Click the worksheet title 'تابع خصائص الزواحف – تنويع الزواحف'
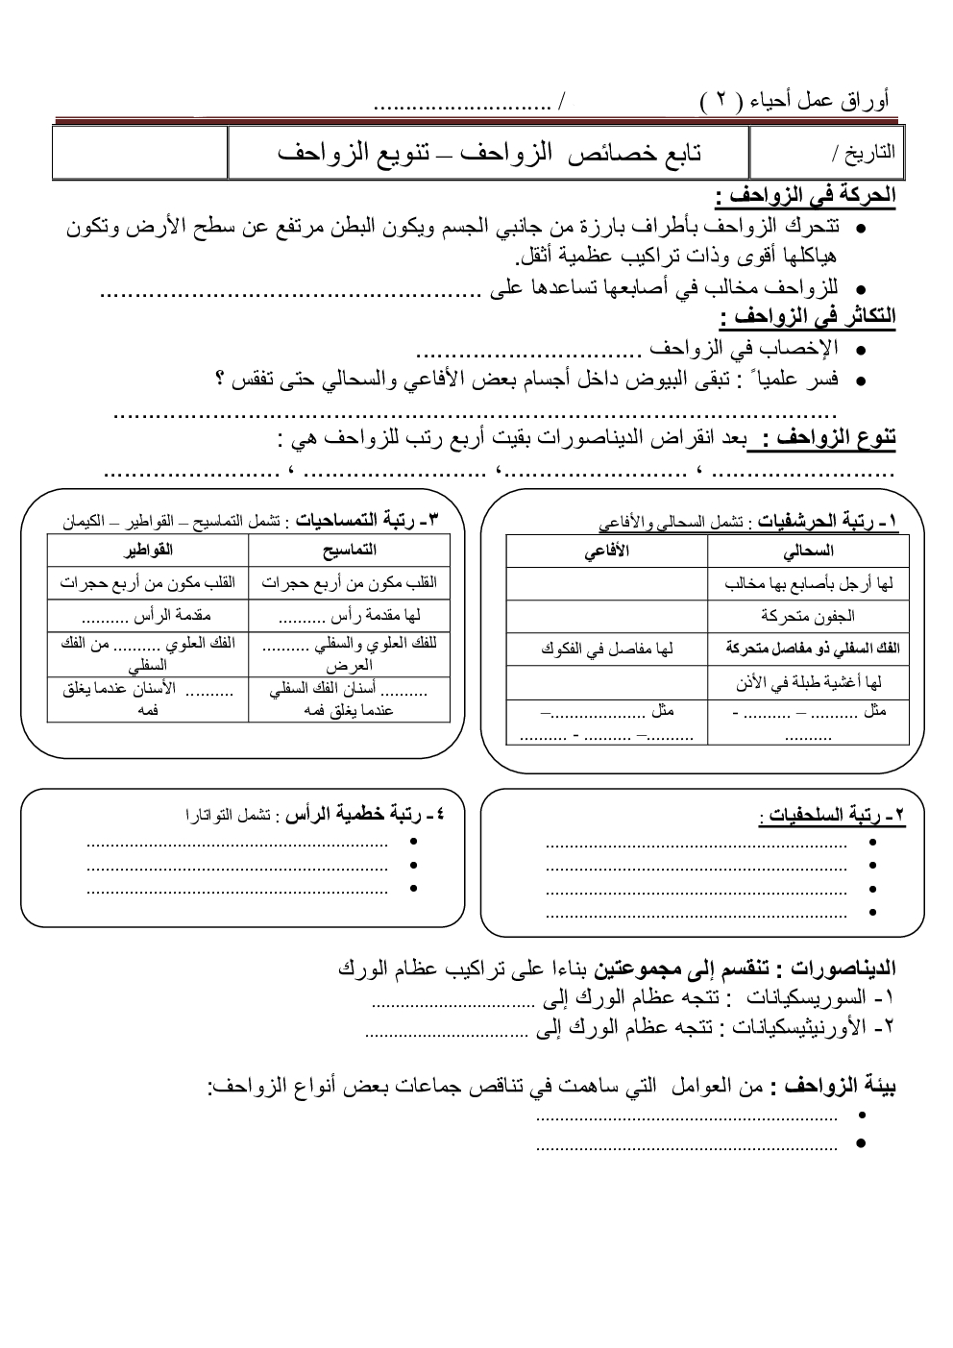pyautogui.click(x=489, y=153)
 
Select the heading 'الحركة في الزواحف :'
pyautogui.click(x=805, y=197)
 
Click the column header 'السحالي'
pyautogui.click(x=808, y=551)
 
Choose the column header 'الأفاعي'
pyautogui.click(x=607, y=551)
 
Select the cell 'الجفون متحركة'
pyautogui.click(x=808, y=615)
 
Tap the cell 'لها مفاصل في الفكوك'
pyautogui.click(x=607, y=649)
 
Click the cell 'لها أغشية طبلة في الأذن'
pyautogui.click(x=808, y=682)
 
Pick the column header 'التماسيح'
pyautogui.click(x=350, y=551)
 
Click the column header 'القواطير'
pyautogui.click(x=148, y=551)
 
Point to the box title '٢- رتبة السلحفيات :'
pyautogui.click(x=833, y=817)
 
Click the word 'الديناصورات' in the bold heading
pyautogui.click(x=841, y=968)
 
